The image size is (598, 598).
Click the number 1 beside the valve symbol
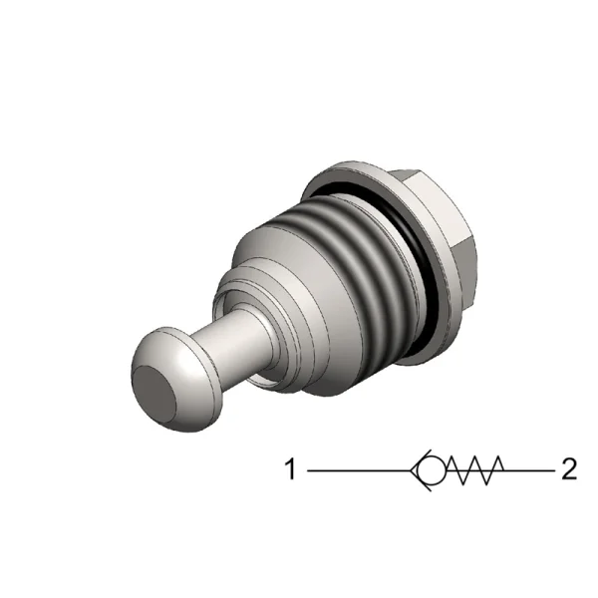291,468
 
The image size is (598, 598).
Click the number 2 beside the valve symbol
569,468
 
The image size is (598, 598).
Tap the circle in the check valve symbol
431,468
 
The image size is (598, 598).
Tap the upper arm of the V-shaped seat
419,460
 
